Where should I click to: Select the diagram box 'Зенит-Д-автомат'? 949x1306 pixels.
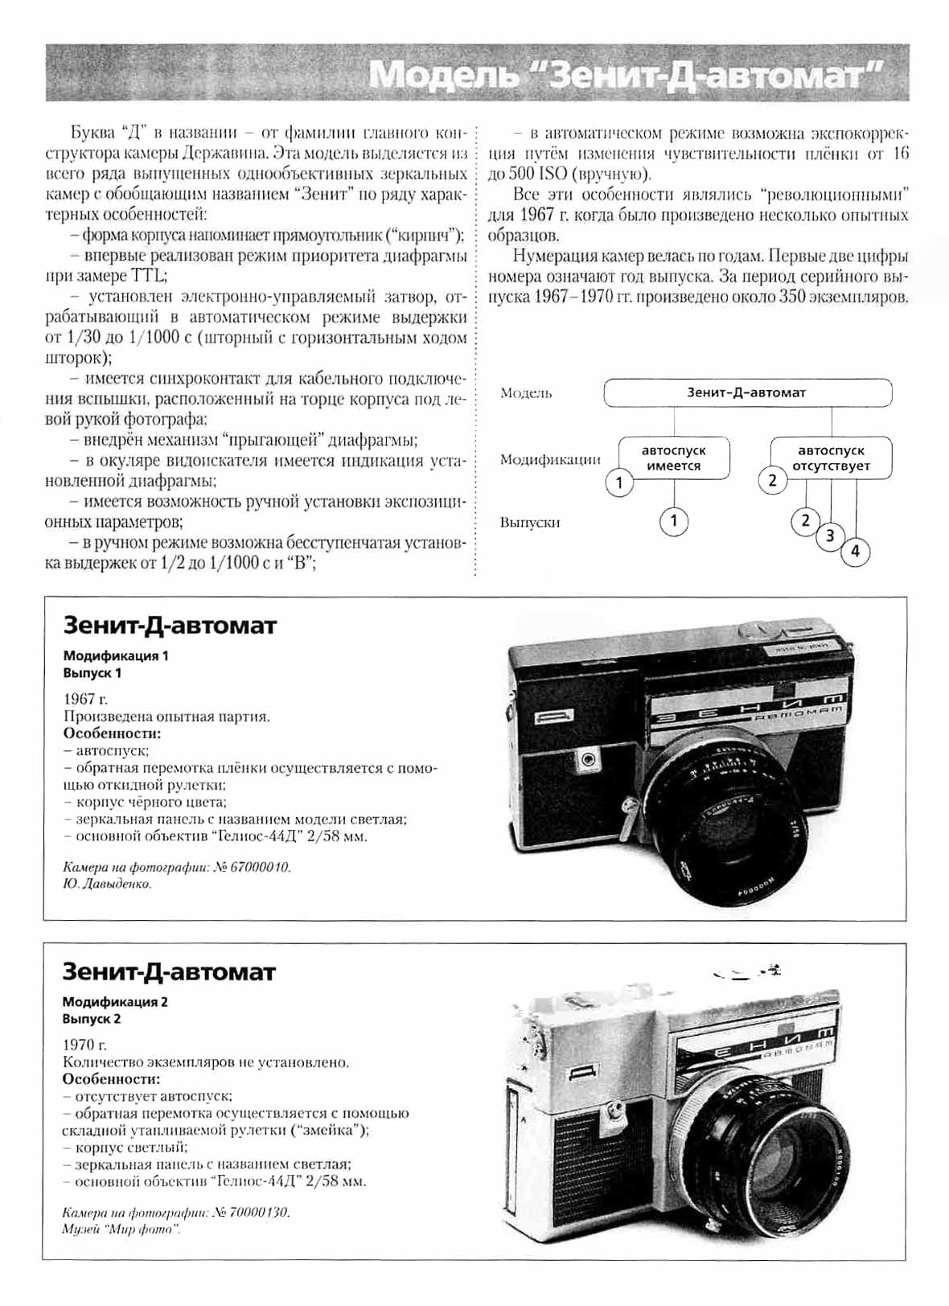point(747,392)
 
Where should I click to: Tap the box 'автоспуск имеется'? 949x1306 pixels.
point(674,458)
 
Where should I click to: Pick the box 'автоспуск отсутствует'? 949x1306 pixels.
point(831,458)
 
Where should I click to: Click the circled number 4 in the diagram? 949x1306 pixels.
point(855,552)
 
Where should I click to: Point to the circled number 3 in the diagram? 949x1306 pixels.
point(830,536)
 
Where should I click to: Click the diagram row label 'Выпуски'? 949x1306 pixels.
point(530,522)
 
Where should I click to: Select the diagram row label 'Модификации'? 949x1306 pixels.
point(550,459)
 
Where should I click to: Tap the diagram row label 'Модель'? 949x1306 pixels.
point(526,393)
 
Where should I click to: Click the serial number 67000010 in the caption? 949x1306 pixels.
point(259,867)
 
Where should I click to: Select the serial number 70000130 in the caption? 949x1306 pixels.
point(258,1212)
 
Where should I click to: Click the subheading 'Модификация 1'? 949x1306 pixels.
point(116,655)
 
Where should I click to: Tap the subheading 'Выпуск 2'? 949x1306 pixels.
point(92,1019)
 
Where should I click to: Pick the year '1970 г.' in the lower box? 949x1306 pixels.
point(84,1045)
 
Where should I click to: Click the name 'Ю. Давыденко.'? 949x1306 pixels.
point(107,884)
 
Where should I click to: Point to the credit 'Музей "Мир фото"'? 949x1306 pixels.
point(121,1230)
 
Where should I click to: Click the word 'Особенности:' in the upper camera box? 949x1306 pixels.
point(112,733)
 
